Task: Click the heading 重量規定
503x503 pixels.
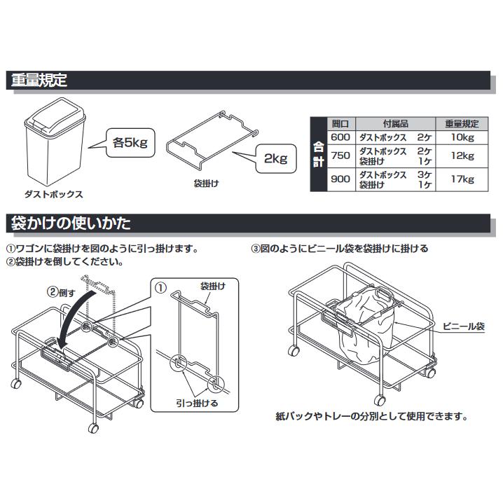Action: pyautogui.click(x=39, y=80)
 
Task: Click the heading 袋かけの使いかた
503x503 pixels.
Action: pyautogui.click(x=71, y=224)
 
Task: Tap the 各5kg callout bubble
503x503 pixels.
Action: pyautogui.click(x=130, y=144)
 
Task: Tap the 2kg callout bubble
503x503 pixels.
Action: pyautogui.click(x=275, y=160)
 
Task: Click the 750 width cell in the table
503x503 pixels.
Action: pyautogui.click(x=340, y=156)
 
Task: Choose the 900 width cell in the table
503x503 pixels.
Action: pyautogui.click(x=340, y=179)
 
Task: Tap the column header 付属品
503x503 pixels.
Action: pyautogui.click(x=394, y=122)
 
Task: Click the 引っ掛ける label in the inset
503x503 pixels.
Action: pyautogui.click(x=198, y=404)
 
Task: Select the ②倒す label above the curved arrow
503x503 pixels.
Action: pyautogui.click(x=60, y=292)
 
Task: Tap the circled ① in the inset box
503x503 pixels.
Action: pyautogui.click(x=160, y=288)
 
